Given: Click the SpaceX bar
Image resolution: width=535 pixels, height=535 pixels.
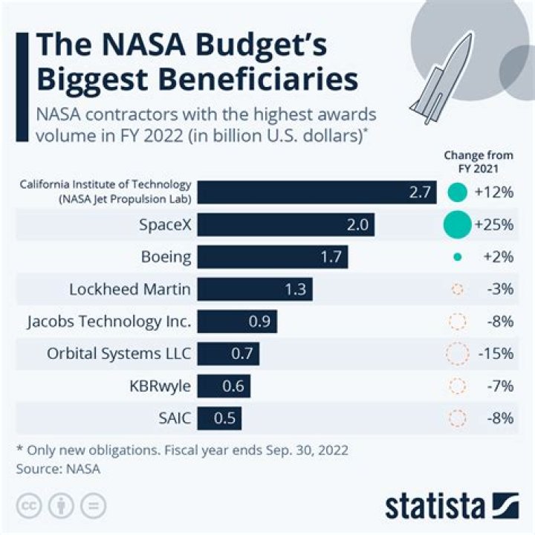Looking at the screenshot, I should coord(286,224).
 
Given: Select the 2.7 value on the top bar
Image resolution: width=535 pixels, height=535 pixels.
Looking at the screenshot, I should coord(420,192).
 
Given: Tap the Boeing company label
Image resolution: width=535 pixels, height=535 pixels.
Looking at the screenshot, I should coord(166,257).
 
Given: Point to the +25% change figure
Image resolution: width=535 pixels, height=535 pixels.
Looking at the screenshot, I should coord(493,224).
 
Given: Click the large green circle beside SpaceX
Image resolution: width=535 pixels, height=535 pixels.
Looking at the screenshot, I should coord(457,224).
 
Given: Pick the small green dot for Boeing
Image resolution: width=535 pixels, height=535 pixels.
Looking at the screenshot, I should coord(458,257).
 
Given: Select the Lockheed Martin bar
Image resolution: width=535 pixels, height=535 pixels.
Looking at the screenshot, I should coord(255,289).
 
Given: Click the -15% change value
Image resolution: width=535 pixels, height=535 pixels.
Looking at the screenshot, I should coord(496,354).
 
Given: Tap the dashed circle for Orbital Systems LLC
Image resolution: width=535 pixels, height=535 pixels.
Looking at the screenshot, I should coord(457,354).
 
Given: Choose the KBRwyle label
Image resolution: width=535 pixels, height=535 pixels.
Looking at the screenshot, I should coord(160,386).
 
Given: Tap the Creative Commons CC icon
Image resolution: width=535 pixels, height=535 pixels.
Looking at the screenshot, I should coord(30,506).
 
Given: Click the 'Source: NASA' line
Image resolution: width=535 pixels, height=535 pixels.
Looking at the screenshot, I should coord(58,469).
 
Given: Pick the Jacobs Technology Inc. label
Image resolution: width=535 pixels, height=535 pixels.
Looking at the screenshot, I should coord(109,322).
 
